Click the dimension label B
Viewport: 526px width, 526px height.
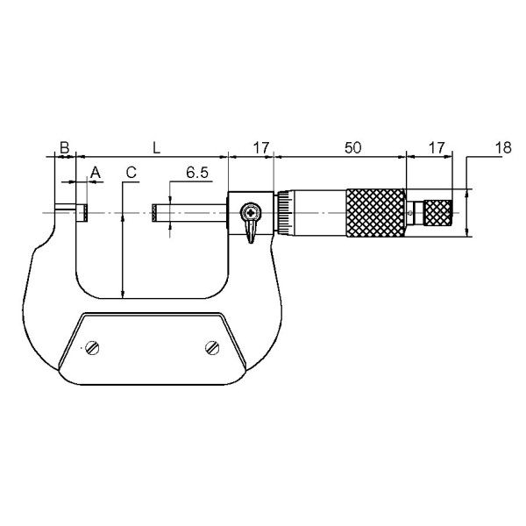tap(64, 147)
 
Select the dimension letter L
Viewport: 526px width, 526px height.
tap(156, 147)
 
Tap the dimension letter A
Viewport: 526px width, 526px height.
tap(96, 173)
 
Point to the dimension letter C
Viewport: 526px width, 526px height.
tap(131, 173)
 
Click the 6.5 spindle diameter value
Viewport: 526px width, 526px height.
tap(197, 173)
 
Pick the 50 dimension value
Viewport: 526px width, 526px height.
tap(353, 147)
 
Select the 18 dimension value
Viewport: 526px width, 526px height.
tap(503, 147)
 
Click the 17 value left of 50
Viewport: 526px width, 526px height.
tap(261, 147)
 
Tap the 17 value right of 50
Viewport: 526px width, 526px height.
tap(437, 147)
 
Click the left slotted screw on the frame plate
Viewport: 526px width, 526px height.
tap(92, 347)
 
